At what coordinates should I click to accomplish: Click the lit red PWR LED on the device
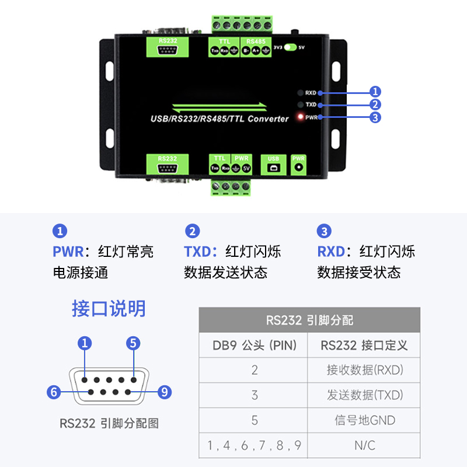[301, 117]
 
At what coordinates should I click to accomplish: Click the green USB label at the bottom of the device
[273, 159]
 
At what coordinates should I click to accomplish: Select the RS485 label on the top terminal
[256, 41]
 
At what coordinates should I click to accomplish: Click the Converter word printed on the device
[268, 119]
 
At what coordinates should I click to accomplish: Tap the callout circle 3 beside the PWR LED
[375, 117]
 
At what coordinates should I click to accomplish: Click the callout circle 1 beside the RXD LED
[375, 92]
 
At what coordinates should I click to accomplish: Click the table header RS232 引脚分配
[309, 320]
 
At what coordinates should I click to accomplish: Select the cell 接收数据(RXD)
[365, 370]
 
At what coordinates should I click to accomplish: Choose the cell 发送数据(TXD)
[365, 395]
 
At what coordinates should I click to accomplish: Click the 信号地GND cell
[365, 420]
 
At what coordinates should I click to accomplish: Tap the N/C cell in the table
[365, 445]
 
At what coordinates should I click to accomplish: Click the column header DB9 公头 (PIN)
[255, 346]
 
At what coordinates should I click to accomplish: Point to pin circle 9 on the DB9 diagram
[165, 392]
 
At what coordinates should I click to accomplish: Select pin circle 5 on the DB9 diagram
[134, 343]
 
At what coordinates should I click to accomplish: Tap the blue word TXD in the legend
[197, 252]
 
